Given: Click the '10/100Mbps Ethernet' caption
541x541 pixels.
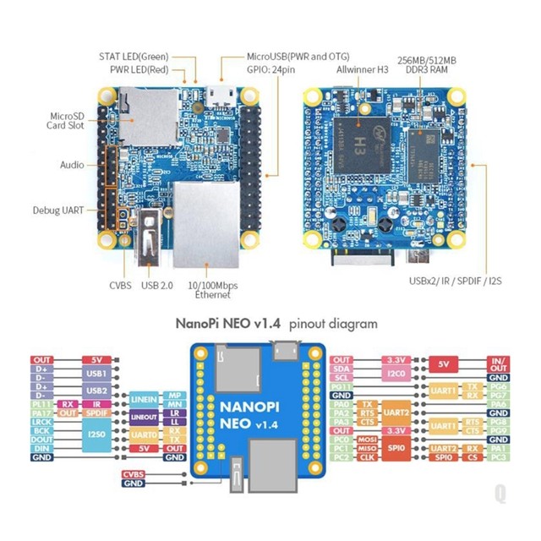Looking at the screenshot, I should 212,290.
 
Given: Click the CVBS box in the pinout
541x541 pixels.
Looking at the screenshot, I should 134,474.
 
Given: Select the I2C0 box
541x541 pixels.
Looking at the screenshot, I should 396,372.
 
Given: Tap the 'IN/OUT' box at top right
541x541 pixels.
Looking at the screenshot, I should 499,365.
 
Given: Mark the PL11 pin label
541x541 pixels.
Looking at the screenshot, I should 42,403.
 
